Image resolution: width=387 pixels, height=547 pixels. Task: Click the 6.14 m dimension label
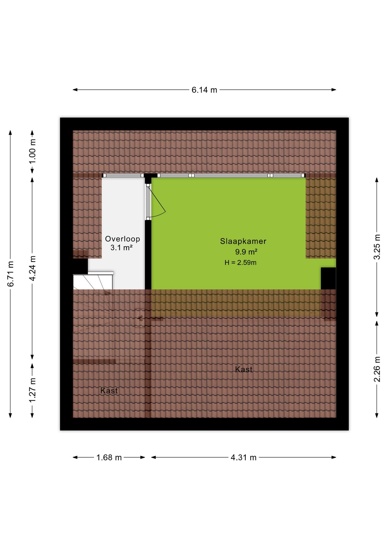[204, 90]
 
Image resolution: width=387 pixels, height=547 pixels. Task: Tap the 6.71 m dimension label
[11, 273]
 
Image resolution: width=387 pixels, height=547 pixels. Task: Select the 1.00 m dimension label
[32, 151]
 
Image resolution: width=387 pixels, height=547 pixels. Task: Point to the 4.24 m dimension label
[32, 268]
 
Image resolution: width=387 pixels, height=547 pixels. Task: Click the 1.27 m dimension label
[32, 390]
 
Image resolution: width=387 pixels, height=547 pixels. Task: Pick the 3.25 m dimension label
[377, 247]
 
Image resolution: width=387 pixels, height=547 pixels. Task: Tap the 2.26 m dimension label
[377, 369]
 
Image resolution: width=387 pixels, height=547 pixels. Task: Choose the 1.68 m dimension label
[109, 458]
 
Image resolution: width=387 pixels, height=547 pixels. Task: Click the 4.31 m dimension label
[244, 458]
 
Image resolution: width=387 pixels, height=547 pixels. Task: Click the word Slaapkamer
[243, 241]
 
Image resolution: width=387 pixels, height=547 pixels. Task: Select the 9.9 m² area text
[246, 252]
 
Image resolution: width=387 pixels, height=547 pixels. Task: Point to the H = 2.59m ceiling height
[241, 263]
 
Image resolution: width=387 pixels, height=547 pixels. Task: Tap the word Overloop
[123, 239]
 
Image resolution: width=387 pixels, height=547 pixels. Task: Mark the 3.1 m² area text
[121, 248]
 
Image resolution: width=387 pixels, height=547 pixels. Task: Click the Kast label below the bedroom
[244, 370]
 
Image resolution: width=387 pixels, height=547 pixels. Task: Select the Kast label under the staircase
[109, 391]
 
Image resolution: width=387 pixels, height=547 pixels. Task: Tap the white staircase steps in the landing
[93, 282]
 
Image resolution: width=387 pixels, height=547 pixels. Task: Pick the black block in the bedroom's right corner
[328, 278]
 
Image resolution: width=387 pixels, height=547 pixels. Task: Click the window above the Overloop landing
[123, 175]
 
